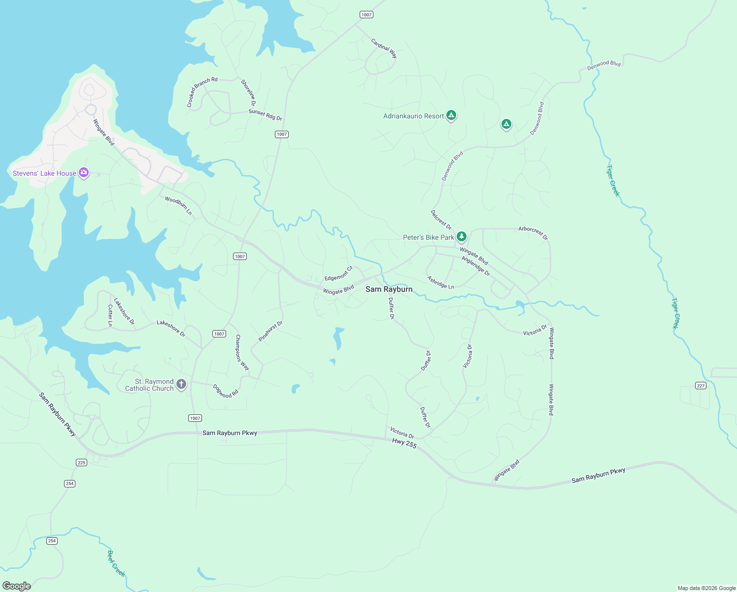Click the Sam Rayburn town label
click(x=389, y=289)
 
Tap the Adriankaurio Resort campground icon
click(x=451, y=115)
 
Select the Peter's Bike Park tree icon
click(x=461, y=237)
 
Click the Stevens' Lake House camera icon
click(x=84, y=173)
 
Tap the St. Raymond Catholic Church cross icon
click(x=181, y=384)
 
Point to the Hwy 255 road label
click(x=404, y=444)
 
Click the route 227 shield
click(x=701, y=385)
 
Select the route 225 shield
click(x=82, y=462)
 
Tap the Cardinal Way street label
click(x=384, y=48)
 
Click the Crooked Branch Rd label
click(x=201, y=91)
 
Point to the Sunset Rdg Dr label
click(x=265, y=115)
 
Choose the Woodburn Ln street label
click(x=178, y=206)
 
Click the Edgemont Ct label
click(x=338, y=273)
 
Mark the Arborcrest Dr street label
click(x=533, y=233)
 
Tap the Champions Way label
click(x=242, y=352)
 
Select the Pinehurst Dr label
click(x=270, y=331)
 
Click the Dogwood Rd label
click(x=226, y=391)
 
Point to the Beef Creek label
click(x=116, y=563)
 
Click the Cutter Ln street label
click(x=110, y=315)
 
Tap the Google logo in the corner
click(x=17, y=586)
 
